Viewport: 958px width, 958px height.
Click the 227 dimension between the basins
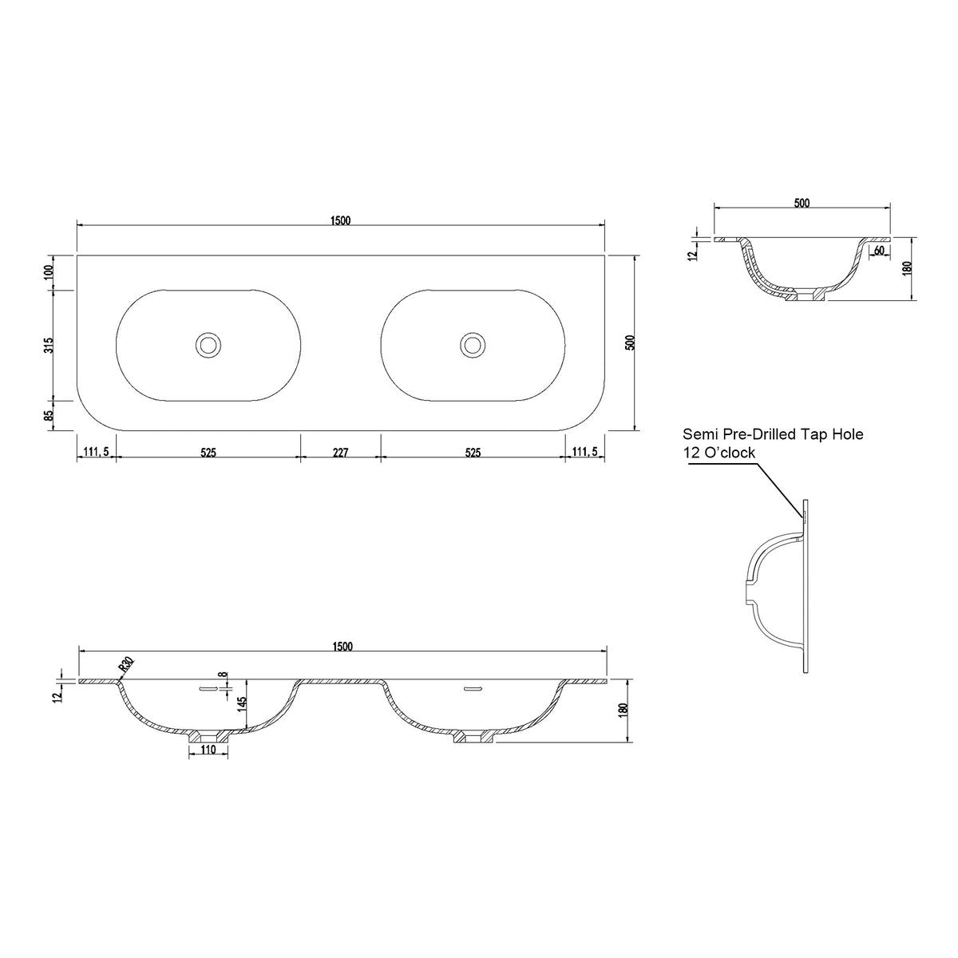click(x=341, y=453)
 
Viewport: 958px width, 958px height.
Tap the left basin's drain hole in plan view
click(x=208, y=344)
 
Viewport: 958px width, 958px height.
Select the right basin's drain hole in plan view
click(x=473, y=344)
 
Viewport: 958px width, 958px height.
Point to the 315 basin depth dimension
click(x=49, y=345)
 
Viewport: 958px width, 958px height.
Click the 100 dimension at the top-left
click(x=49, y=272)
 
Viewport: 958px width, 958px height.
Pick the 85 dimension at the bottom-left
click(x=49, y=415)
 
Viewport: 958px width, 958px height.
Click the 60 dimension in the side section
click(x=880, y=251)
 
